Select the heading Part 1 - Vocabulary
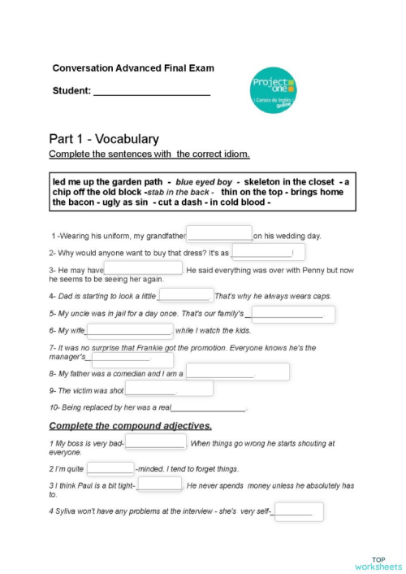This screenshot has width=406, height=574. pyautogui.click(x=103, y=139)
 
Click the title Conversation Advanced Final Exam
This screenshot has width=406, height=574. pyautogui.click(x=133, y=68)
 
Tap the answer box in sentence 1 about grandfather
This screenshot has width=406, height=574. pyautogui.click(x=219, y=234)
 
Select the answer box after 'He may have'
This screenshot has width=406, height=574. pyautogui.click(x=143, y=268)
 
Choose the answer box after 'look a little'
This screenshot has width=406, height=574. pyautogui.click(x=185, y=295)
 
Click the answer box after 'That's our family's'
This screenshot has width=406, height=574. pyautogui.click(x=292, y=314)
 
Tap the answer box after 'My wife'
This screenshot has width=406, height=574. pyautogui.click(x=129, y=330)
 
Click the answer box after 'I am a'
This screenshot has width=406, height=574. pyautogui.click(x=236, y=372)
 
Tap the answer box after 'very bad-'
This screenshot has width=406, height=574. pyautogui.click(x=155, y=443)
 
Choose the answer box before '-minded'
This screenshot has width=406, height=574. pyautogui.click(x=110, y=468)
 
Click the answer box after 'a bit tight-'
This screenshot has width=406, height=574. pyautogui.click(x=160, y=485)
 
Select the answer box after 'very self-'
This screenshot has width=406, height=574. pyautogui.click(x=298, y=511)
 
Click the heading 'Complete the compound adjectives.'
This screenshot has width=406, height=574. pyautogui.click(x=131, y=425)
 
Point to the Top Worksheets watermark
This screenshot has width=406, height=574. pyautogui.click(x=377, y=563)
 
